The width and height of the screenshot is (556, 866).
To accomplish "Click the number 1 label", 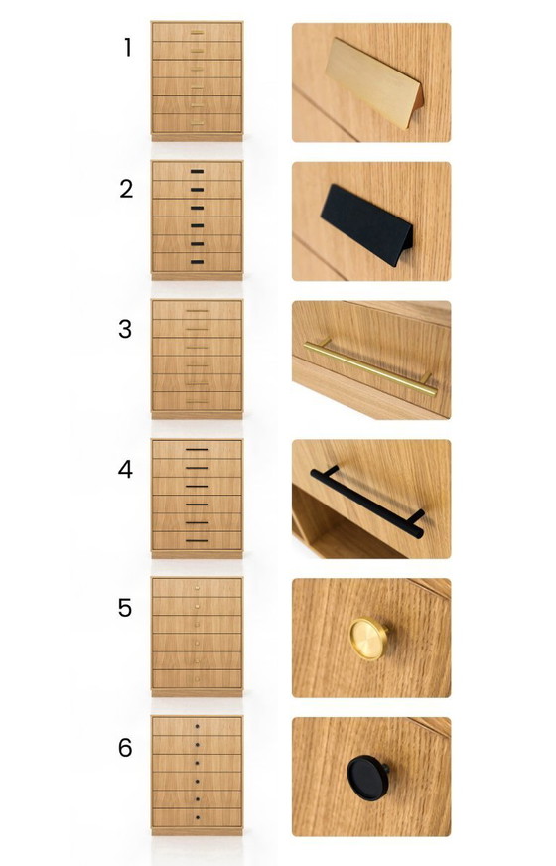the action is (x=127, y=48).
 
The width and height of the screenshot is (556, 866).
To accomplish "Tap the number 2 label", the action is (x=126, y=189).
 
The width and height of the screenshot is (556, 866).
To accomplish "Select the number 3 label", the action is (x=125, y=329).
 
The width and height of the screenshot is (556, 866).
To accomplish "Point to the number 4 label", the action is (x=125, y=469).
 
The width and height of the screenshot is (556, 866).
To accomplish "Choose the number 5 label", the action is (x=125, y=608).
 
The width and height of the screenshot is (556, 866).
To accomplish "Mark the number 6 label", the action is (x=125, y=747).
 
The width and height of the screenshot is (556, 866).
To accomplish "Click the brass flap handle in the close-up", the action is (x=373, y=82).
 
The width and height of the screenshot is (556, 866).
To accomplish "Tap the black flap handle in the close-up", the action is (x=366, y=224).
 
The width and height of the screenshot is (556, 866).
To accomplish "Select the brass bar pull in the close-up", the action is (x=370, y=368).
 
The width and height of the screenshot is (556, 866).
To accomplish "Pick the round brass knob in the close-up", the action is (x=367, y=639).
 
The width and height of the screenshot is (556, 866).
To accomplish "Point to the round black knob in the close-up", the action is (x=367, y=778).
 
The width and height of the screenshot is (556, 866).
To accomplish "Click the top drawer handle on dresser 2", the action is (x=198, y=171).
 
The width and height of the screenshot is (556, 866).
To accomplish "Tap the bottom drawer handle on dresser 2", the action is (x=198, y=262).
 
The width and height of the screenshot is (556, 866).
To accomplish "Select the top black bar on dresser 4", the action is (x=198, y=450).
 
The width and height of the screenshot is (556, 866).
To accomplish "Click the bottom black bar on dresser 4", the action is (x=198, y=540).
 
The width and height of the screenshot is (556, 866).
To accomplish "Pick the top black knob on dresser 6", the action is (x=198, y=726).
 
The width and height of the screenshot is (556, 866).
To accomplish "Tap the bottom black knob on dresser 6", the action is (x=198, y=817).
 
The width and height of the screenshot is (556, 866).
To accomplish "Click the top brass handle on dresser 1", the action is (x=198, y=32).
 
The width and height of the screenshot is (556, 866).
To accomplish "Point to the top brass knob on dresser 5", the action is (x=198, y=588).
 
